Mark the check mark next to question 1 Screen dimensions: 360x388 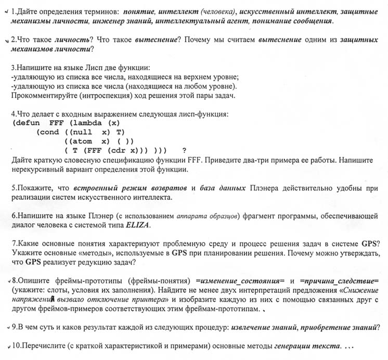tap(5, 11)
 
